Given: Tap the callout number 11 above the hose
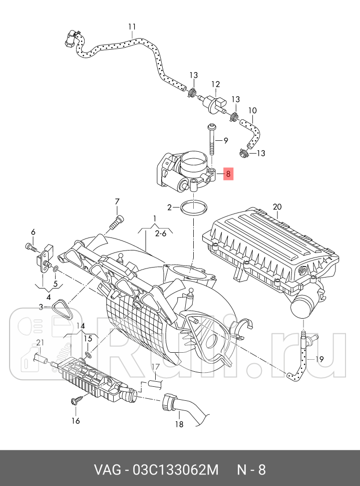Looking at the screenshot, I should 132,27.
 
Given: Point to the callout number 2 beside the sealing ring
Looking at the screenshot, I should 170,207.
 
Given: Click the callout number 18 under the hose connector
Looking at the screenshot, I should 179,424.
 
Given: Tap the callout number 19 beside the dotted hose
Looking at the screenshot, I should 320,359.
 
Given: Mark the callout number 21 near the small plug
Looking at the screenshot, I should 40,342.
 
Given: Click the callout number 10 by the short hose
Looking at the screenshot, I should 252,110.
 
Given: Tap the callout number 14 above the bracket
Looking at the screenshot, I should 81,325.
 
